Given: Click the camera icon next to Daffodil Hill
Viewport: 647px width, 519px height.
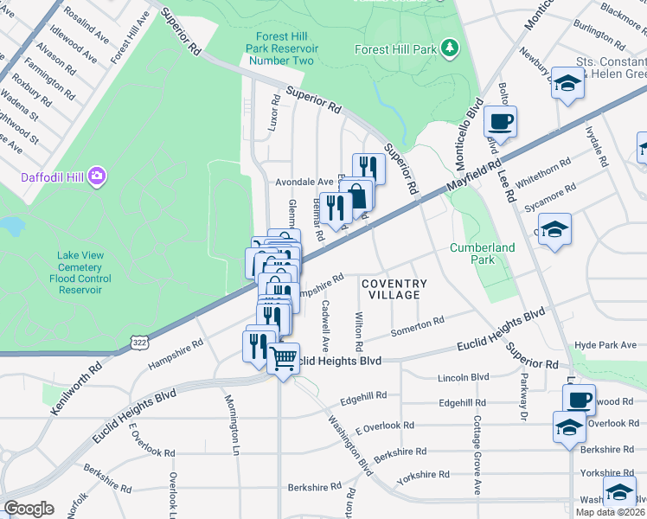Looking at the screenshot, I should coord(96,176).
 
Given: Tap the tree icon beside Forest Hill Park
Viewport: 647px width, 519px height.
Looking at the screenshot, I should coord(449,48).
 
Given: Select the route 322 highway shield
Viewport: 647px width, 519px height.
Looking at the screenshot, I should coord(138,343).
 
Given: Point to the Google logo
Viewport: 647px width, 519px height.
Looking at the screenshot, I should coord(29,508).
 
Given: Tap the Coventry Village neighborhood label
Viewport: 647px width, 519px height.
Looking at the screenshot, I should coord(394,289).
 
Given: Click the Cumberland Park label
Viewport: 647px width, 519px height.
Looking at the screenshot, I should coord(482,253).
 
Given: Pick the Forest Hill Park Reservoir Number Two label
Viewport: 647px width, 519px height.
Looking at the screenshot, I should coord(283,48).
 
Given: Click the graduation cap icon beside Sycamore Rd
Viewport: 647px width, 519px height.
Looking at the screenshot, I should coord(554,229).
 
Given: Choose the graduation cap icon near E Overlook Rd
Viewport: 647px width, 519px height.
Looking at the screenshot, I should coord(568,427).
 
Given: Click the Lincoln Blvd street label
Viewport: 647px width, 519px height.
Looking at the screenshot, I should coord(464,377).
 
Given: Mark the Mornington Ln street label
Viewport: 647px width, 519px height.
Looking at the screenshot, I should coord(233,425).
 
